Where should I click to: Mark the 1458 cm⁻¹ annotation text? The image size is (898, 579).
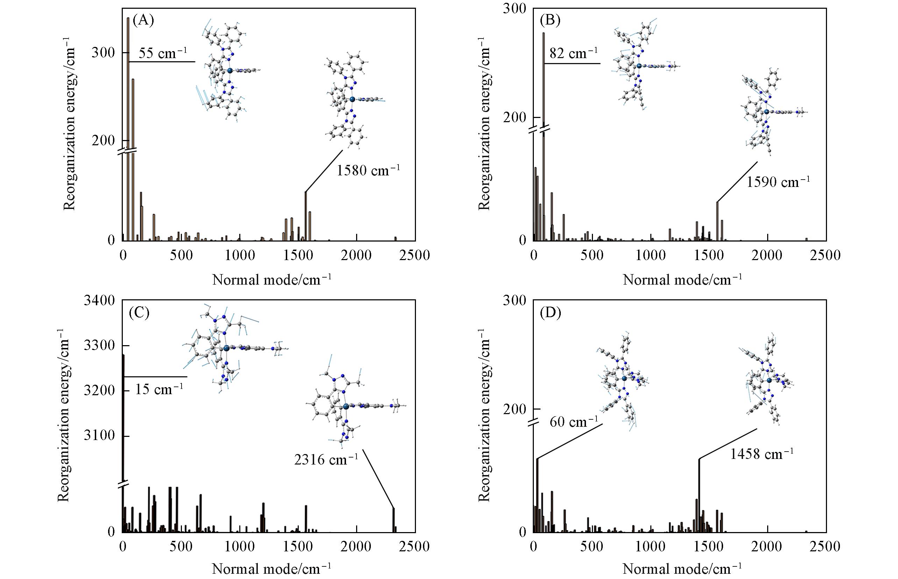[762, 454]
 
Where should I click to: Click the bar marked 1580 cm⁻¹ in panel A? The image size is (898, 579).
[305, 216]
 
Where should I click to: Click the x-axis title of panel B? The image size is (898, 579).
[682, 280]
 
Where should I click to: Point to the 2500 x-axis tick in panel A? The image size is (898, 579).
[415, 256]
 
